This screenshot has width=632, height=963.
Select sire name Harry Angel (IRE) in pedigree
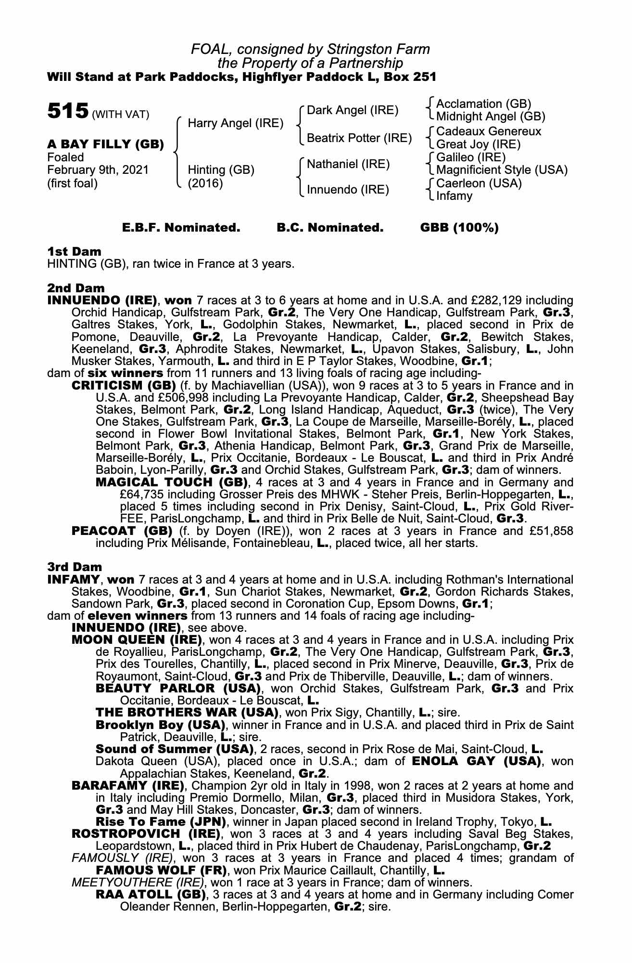pos(235,123)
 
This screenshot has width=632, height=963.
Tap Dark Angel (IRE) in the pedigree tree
pos(353,110)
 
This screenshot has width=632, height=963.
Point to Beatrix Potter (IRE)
pos(359,138)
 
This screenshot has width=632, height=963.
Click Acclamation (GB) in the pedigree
pos(483,104)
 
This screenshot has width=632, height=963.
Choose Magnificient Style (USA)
pos(502,170)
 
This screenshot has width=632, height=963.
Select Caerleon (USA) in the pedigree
pos(479,183)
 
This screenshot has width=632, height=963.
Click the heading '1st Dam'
pos(74,251)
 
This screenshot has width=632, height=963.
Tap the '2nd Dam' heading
pos(76,288)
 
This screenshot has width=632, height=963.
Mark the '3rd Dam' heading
pos(75,567)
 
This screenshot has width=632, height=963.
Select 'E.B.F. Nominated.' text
pos(181,228)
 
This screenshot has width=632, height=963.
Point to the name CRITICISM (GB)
pos(124,386)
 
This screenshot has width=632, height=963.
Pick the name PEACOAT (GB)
pos(122,531)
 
